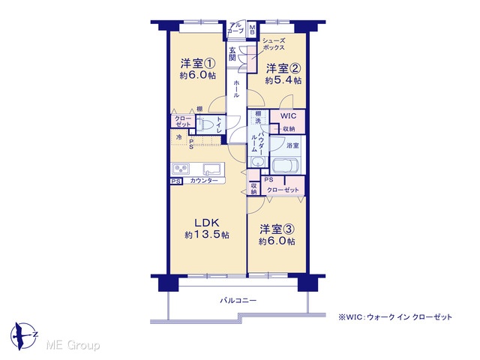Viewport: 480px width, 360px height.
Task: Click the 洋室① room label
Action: pos(198,64)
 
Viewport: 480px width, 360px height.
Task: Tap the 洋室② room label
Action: pos(283,68)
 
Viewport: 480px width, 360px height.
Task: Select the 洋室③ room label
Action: pos(277,229)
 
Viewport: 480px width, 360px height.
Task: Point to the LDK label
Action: pos(207,222)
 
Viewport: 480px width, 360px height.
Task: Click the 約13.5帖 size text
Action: pos(207,235)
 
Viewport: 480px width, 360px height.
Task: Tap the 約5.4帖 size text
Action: pos(283,80)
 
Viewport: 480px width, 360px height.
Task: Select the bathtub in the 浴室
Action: pos(285,166)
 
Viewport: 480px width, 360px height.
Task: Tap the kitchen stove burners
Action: pos(181,169)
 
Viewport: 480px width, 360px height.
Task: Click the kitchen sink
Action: pos(212,169)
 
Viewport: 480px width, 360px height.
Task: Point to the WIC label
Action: pos(288,116)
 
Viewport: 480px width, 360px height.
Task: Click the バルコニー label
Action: pos(238,301)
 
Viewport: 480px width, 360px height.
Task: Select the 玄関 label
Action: pos(232,54)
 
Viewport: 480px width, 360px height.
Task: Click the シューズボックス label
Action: pos(274,44)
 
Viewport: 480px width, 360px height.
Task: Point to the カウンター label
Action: pos(204,181)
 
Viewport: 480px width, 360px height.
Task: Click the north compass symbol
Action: pos(24,336)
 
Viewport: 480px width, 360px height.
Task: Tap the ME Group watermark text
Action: pos(73,345)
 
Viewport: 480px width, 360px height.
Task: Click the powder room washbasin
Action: pos(258,161)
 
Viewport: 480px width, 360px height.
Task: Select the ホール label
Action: pos(236,89)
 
